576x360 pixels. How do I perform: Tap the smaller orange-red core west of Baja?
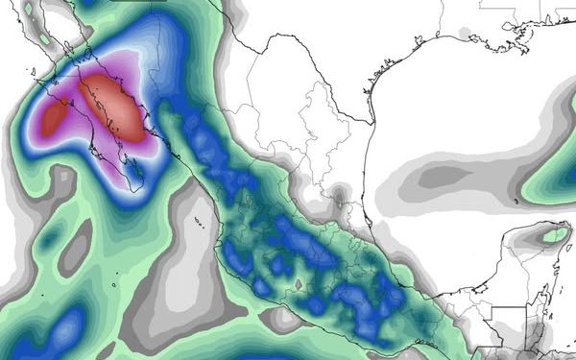click(55, 117)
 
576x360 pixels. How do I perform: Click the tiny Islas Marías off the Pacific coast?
click(197, 222)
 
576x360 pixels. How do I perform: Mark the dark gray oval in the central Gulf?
click(445, 177)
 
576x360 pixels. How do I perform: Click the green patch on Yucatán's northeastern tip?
click(554, 232)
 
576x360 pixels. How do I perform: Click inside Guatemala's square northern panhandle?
click(509, 322)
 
